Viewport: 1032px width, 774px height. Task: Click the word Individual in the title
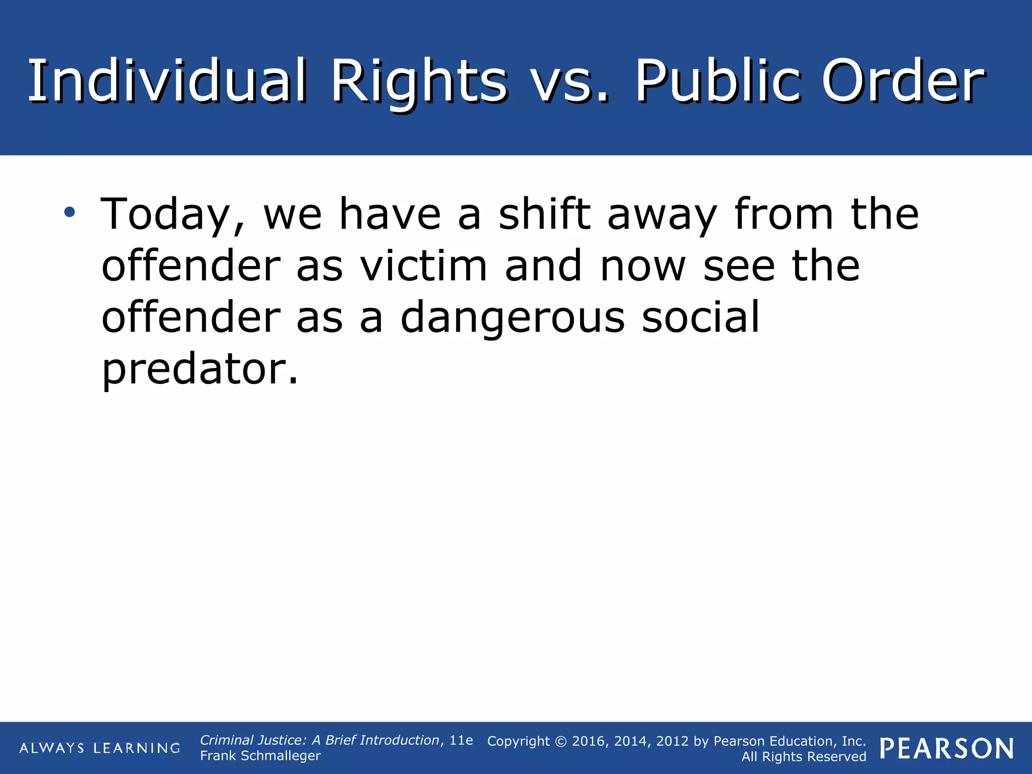click(166, 81)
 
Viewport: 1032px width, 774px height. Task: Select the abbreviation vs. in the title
click(570, 81)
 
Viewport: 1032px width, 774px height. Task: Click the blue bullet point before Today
click(70, 212)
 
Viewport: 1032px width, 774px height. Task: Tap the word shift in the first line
click(544, 214)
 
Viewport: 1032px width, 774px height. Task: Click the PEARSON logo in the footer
click(947, 748)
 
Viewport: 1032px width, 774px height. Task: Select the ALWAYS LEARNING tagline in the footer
click(100, 748)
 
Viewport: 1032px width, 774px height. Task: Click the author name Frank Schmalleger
click(260, 756)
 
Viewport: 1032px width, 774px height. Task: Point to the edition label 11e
click(461, 740)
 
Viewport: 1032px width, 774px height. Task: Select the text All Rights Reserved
click(804, 757)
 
